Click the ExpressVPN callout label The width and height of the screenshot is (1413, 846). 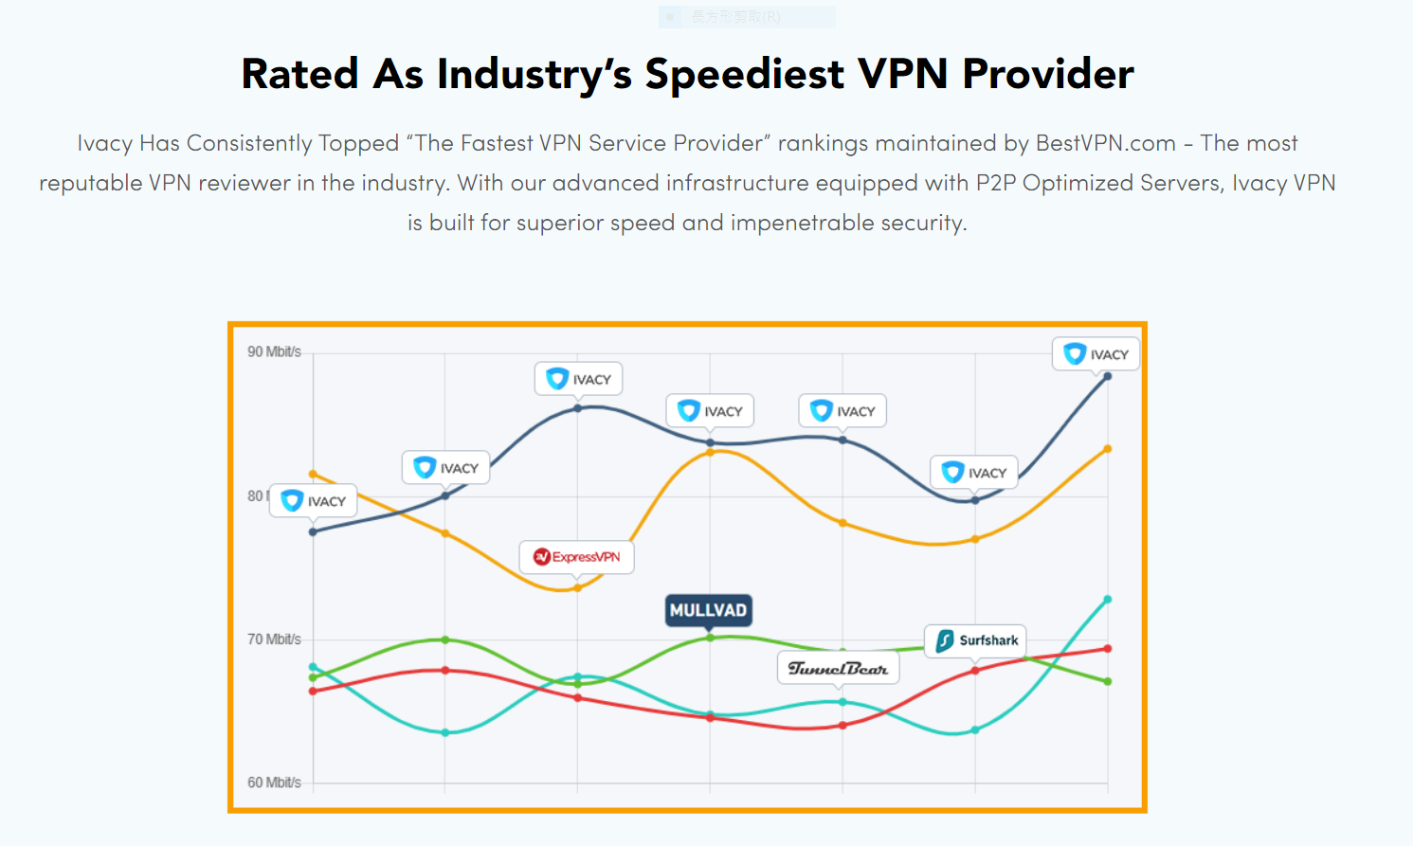(x=576, y=557)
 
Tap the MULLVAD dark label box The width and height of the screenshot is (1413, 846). (x=708, y=610)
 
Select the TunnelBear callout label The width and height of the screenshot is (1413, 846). (x=838, y=668)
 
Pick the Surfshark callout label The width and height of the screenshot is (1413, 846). (x=975, y=640)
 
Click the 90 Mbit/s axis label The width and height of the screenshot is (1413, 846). (x=274, y=351)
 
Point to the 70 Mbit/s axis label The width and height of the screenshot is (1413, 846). (x=274, y=639)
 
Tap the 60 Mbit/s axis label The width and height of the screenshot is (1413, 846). (x=274, y=783)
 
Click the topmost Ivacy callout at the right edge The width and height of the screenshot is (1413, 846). (x=1096, y=354)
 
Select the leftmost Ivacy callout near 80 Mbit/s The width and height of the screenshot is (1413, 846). (x=314, y=501)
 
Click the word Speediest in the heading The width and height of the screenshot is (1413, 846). (x=744, y=74)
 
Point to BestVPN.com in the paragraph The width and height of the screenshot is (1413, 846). (x=1105, y=143)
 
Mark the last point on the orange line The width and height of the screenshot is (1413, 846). (x=1108, y=449)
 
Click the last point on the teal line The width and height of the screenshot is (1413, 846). (x=1108, y=600)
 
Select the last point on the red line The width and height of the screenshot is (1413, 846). (x=1108, y=649)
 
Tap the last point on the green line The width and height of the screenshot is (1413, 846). (x=1108, y=681)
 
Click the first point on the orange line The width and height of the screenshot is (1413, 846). (x=314, y=474)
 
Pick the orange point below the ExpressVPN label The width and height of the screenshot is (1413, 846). (x=578, y=588)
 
